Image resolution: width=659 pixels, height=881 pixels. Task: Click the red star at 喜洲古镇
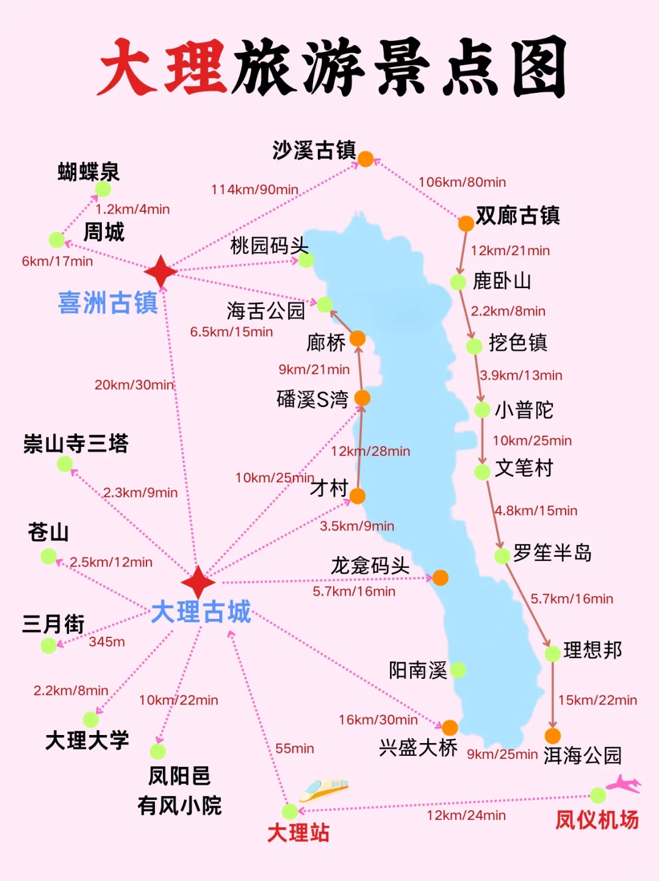coord(160,272)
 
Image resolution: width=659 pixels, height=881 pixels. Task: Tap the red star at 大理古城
coord(198,582)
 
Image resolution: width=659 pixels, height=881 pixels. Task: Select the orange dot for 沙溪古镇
coord(365,159)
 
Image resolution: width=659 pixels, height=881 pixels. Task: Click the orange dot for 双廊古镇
coord(466,223)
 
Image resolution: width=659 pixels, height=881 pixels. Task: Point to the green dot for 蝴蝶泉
coord(103,189)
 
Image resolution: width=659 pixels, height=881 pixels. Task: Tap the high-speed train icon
coord(324,789)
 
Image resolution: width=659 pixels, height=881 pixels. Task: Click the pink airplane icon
coord(624,784)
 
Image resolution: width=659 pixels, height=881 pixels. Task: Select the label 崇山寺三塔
coord(76,443)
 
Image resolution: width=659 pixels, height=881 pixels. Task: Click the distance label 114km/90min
coord(254,189)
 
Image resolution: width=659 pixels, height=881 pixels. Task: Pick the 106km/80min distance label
coord(462,182)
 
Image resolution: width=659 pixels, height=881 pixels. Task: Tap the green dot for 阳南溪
coord(458,670)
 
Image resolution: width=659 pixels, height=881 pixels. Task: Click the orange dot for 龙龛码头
coord(440,578)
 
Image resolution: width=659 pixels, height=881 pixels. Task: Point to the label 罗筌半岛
coord(552,553)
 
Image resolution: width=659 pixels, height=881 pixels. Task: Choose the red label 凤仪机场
coord(596,820)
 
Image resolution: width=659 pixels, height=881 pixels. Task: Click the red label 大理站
coord(298,833)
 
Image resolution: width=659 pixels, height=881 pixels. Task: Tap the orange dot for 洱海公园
coord(553,736)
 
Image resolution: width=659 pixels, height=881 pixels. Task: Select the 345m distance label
coord(107,642)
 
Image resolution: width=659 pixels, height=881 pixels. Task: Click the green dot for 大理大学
coord(91,720)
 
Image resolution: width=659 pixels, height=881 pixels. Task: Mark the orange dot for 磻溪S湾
coord(362,398)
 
